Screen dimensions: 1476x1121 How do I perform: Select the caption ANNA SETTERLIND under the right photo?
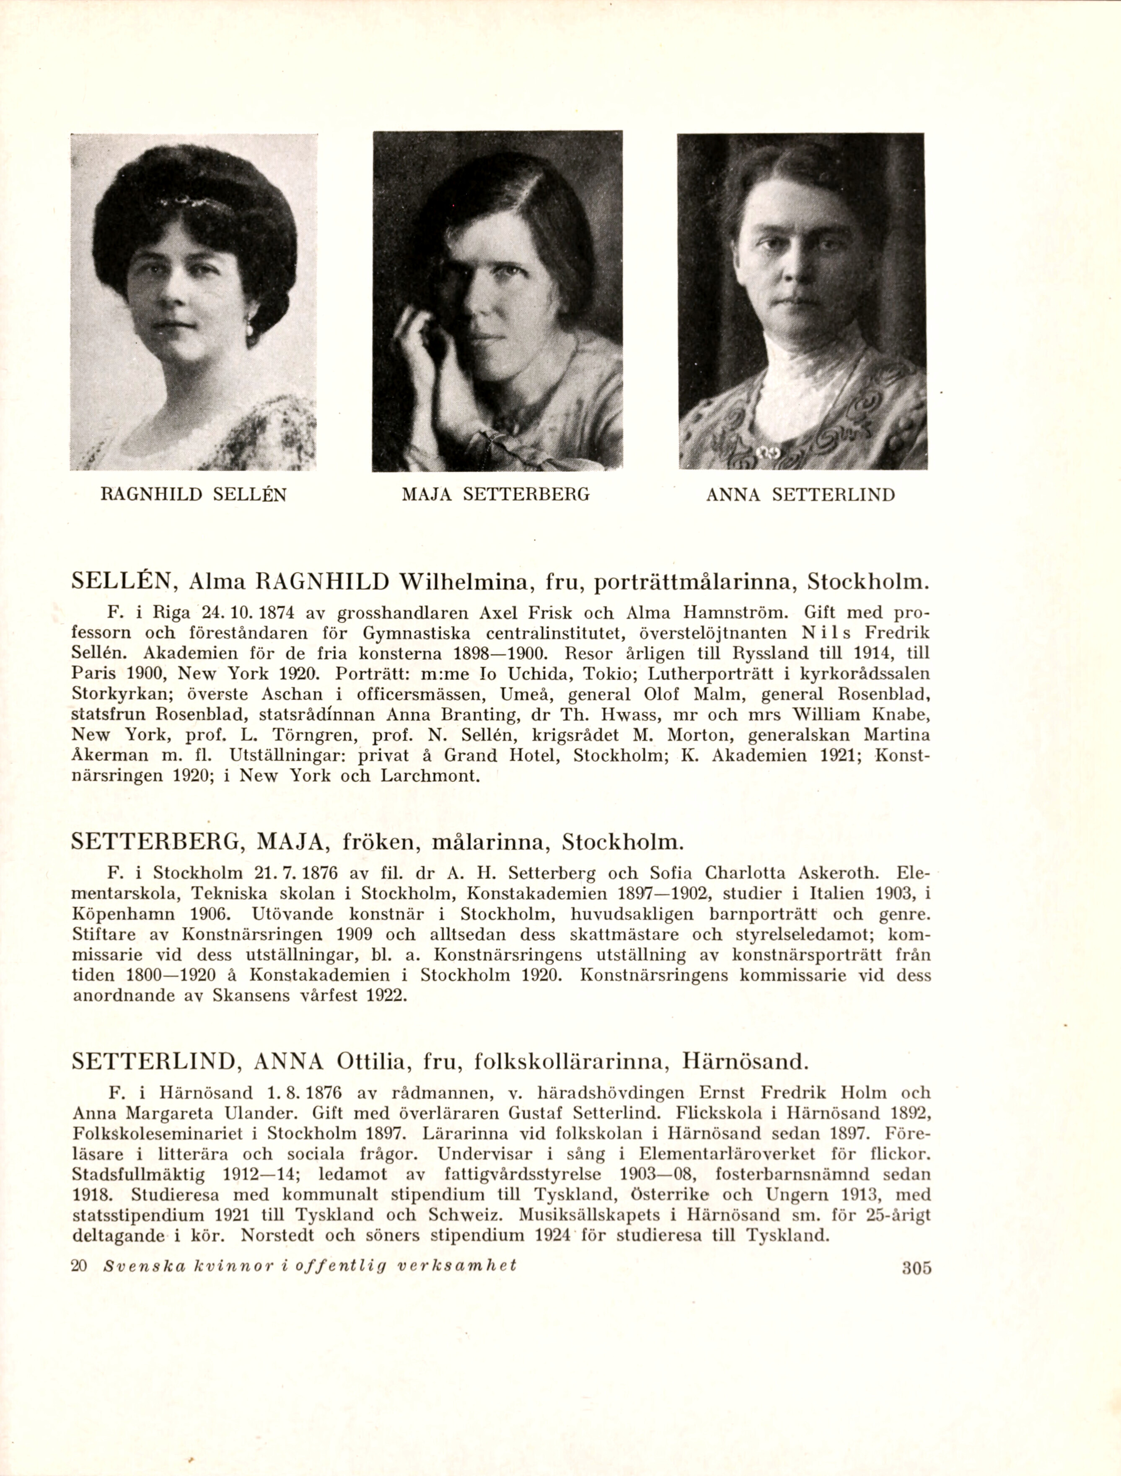(800, 495)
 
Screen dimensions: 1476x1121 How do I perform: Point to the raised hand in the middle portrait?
(415, 340)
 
